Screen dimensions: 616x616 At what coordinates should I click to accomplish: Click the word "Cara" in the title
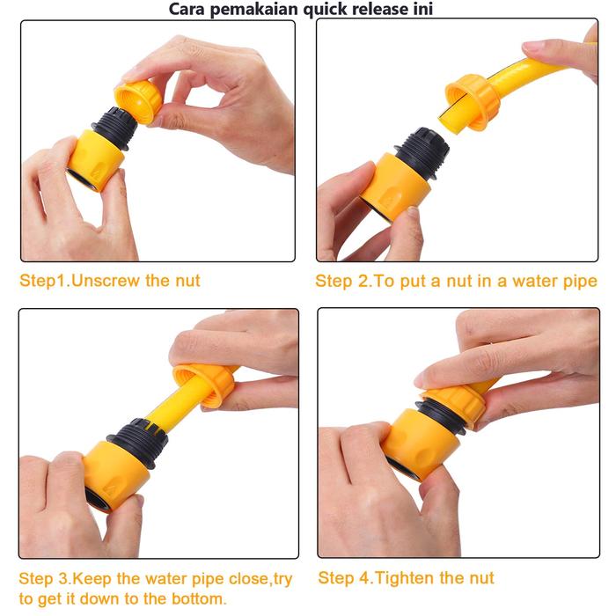pos(187,9)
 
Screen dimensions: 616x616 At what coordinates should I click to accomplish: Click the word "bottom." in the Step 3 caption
pos(199,599)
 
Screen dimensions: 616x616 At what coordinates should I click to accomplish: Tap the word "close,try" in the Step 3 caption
pos(260,579)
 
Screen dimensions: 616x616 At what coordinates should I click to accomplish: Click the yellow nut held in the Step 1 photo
pos(138,100)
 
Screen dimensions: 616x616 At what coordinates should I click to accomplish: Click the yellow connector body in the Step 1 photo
pos(95,160)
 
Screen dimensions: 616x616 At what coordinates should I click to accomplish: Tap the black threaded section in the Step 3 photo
pos(139,443)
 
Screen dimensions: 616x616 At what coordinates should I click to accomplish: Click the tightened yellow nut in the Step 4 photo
pos(457,406)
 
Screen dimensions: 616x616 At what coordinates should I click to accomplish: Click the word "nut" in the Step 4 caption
pos(480,578)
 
